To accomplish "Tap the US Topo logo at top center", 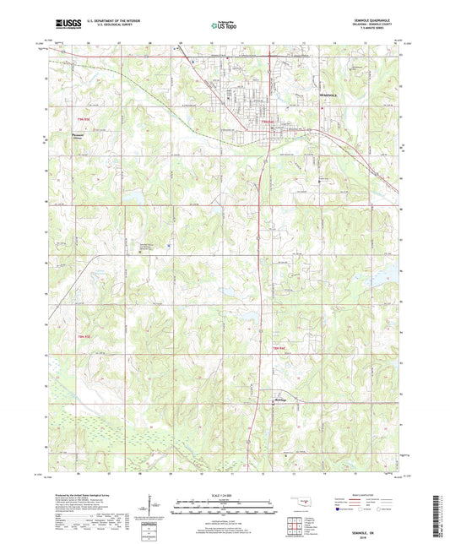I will [x=223, y=26].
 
